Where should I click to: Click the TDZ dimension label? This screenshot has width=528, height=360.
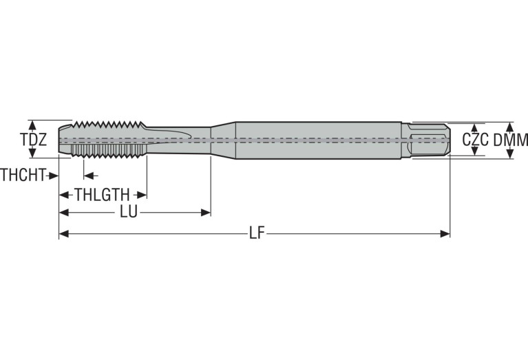click(34, 140)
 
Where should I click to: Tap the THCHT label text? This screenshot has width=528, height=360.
click(23, 175)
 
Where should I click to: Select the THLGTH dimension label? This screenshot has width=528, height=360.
click(102, 195)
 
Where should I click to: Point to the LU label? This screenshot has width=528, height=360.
click(129, 213)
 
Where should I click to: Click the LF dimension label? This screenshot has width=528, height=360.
click(257, 233)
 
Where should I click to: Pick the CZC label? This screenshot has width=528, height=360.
click(475, 140)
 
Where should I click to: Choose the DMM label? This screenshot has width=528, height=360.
click(511, 140)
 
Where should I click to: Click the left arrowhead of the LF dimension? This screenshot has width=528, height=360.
click(64, 234)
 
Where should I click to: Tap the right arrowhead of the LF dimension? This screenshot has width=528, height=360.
click(445, 234)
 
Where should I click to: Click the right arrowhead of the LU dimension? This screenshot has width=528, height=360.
click(206, 213)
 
